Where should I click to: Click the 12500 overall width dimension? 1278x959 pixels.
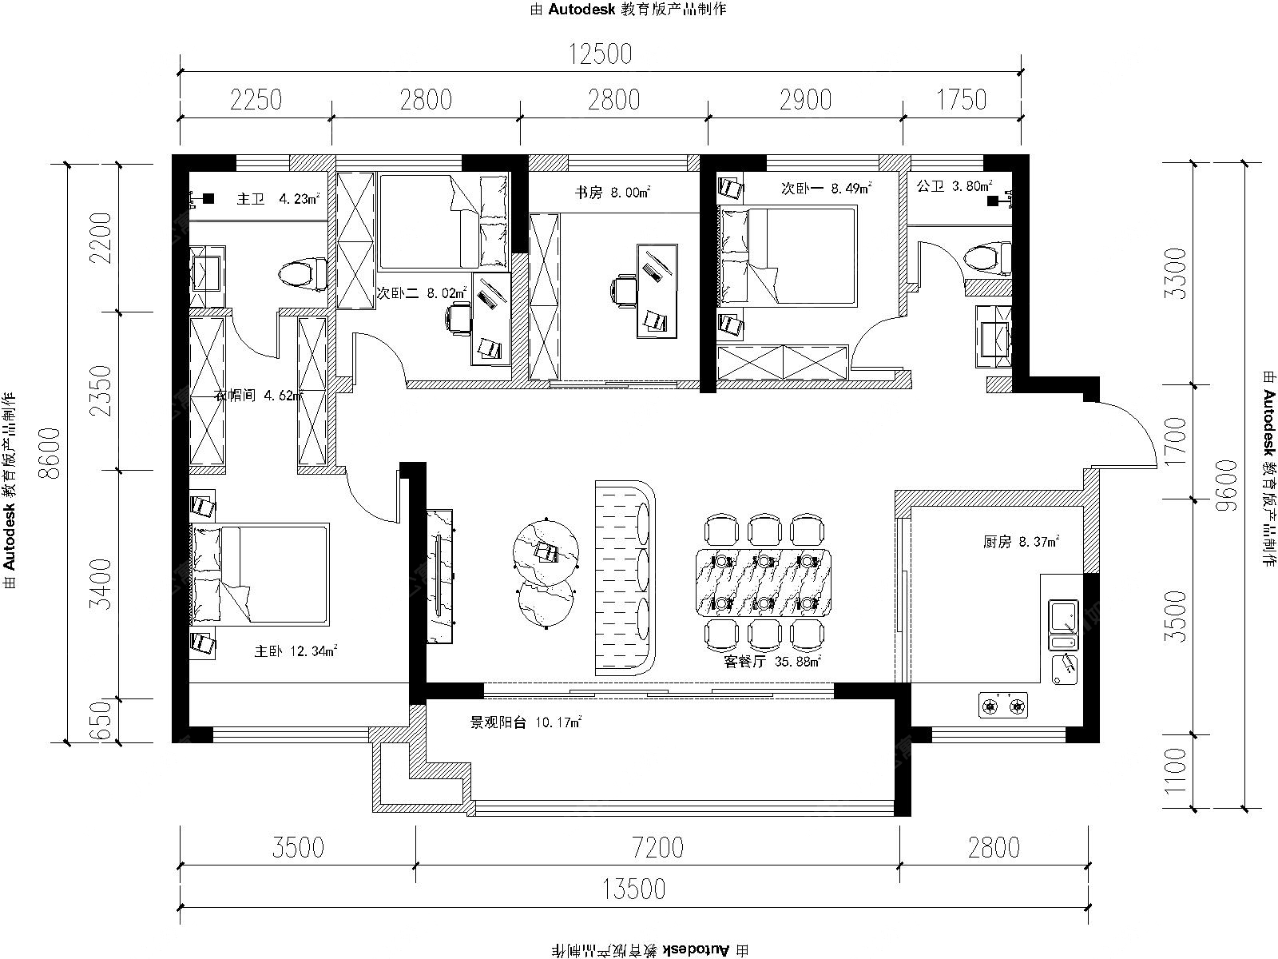click(x=601, y=54)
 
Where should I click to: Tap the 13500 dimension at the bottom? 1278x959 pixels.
click(x=633, y=889)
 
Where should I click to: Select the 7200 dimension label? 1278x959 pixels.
click(x=658, y=847)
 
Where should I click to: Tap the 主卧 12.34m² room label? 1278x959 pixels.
click(x=296, y=651)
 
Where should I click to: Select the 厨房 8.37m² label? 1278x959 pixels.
click(x=1021, y=542)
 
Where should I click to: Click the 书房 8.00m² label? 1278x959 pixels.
click(x=613, y=192)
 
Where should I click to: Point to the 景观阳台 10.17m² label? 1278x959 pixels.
click(x=526, y=722)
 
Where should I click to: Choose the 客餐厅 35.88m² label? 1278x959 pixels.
click(x=772, y=662)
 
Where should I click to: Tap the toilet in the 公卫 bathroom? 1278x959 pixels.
click(x=987, y=258)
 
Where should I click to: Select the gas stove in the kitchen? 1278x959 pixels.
click(x=1002, y=706)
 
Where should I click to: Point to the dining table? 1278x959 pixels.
click(x=764, y=583)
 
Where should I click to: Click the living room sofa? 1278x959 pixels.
click(x=625, y=578)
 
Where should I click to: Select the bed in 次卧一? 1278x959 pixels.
click(x=788, y=257)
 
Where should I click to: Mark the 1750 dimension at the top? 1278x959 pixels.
click(x=961, y=100)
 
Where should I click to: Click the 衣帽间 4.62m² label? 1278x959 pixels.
click(x=259, y=396)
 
